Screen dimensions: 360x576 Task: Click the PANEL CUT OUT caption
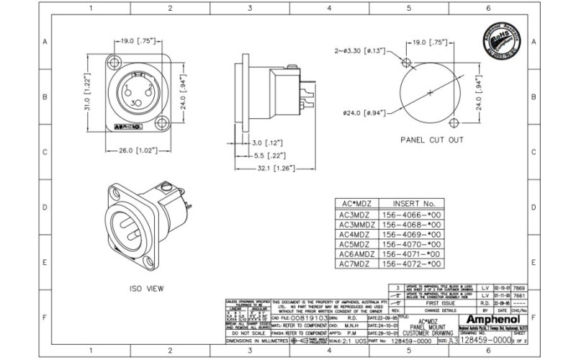coord(431,140)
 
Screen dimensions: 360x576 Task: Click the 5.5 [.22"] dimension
coord(266,156)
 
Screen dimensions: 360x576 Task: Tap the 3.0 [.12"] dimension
coord(266,143)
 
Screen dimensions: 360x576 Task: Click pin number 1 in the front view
coord(127,88)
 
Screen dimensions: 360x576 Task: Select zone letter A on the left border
coord(45,42)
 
